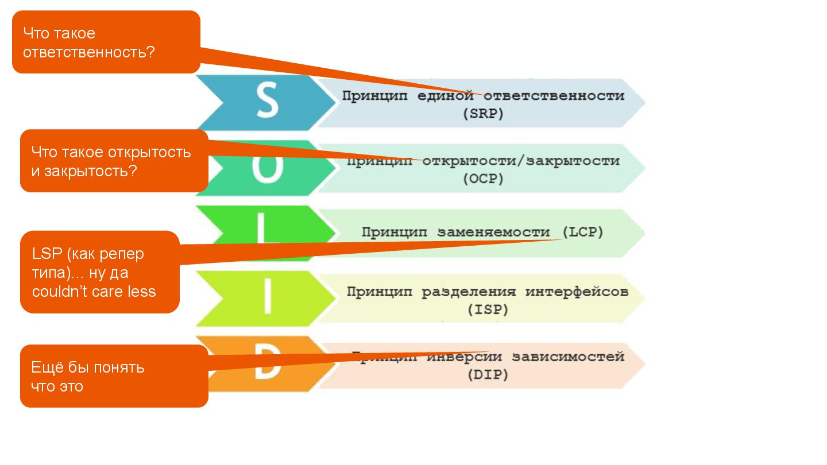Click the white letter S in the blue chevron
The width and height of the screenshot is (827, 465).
pos(266,102)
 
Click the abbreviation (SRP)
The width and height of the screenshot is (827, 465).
pos(482,114)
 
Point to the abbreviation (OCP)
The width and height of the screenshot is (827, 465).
pos(482,179)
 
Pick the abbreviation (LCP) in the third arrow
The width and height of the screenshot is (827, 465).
pos(583,232)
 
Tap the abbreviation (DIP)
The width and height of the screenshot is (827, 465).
pos(487,375)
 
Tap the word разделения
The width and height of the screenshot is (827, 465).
pos(469,292)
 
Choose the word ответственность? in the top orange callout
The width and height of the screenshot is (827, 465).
pos(89,52)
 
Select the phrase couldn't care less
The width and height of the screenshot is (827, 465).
pos(94,292)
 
